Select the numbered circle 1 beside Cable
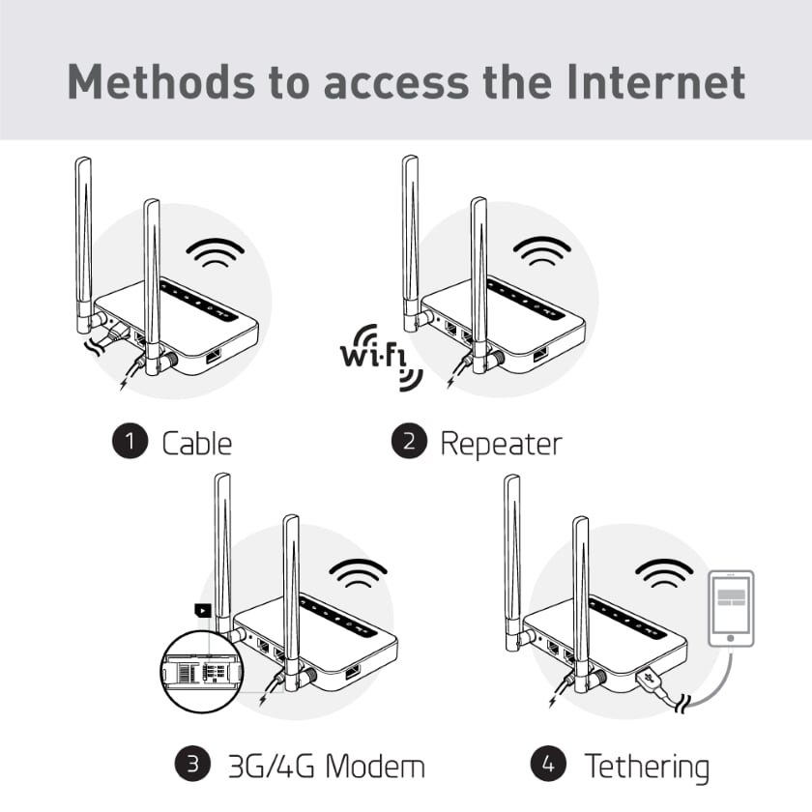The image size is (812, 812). [x=129, y=443]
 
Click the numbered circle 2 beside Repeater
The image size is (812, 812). [x=409, y=443]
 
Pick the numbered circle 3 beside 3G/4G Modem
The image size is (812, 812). [x=192, y=766]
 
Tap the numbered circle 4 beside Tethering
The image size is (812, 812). [x=550, y=766]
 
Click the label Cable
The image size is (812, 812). [x=196, y=444]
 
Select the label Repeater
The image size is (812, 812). [x=500, y=444]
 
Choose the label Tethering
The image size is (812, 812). [x=647, y=767]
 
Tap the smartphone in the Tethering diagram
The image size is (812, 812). [x=731, y=607]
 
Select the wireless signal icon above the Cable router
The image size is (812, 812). [x=215, y=253]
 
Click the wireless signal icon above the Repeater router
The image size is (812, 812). [x=541, y=253]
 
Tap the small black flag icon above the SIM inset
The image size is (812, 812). [x=201, y=610]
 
